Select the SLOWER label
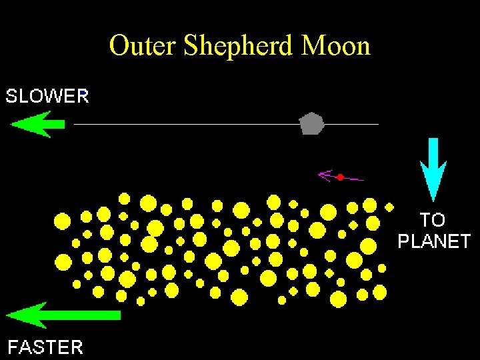point(47,96)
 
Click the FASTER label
point(45,347)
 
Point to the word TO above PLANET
point(433,219)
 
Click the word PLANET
point(434,241)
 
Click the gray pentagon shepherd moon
point(311,123)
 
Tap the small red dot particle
point(340,177)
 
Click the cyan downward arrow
point(433,167)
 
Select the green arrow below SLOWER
point(37,124)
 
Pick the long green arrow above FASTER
point(63,315)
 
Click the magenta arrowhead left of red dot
point(325,175)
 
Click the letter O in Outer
point(120,46)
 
